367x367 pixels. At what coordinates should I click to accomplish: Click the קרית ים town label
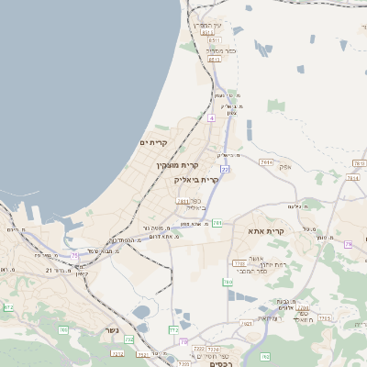coord(154,143)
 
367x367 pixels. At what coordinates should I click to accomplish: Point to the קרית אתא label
coord(267,232)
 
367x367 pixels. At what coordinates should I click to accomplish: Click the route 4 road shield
coord(211,117)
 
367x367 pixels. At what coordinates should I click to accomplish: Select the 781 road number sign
coord(217,223)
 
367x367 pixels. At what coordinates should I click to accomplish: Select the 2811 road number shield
coord(183,201)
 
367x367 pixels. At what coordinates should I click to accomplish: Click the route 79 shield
coord(349,244)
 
